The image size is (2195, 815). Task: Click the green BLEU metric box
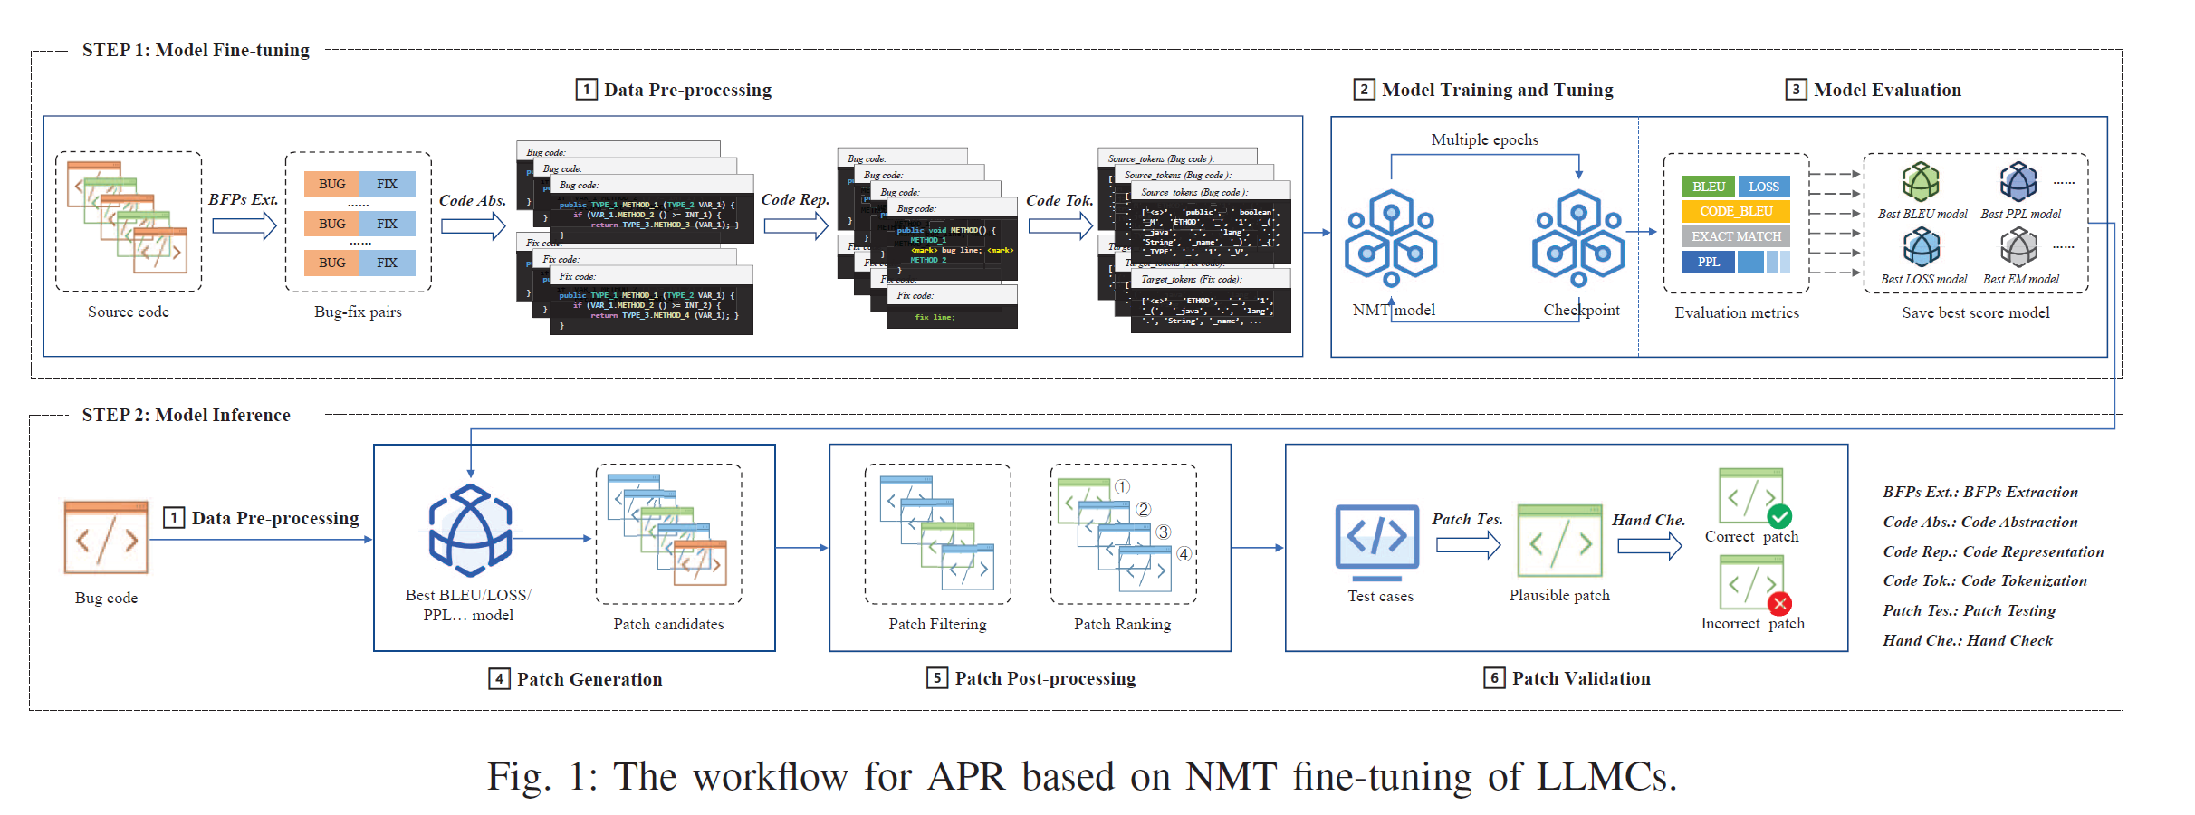pos(1708,187)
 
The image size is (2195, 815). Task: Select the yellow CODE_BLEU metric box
pos(1736,211)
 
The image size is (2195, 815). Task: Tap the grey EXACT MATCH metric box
pos(1736,236)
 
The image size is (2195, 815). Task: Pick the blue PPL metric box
pos(1709,262)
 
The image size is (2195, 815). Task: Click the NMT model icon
pos(1391,239)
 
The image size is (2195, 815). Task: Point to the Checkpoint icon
pos(1578,239)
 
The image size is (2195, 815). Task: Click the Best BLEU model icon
pos(1920,182)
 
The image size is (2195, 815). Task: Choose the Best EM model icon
pos(2018,246)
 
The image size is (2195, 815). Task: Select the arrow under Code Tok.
pos(1060,225)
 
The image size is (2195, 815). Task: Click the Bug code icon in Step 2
pos(106,538)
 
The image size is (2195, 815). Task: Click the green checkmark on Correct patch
pos(1779,516)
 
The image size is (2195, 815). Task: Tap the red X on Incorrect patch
pos(1779,603)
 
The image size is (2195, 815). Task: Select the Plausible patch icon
pos(1559,542)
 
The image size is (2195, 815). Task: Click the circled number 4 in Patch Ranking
pos(1184,554)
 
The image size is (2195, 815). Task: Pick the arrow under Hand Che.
pos(1649,546)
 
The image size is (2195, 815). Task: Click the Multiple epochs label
pos(1484,139)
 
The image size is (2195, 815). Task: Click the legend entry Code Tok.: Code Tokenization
pos(1985,581)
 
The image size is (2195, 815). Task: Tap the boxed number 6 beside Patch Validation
pos(1494,678)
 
